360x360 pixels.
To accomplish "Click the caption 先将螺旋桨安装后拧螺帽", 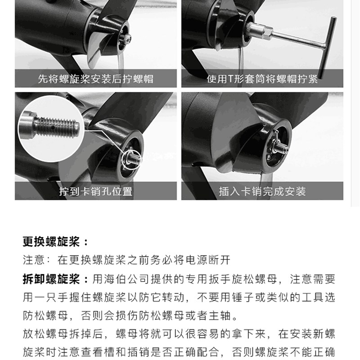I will (95, 79).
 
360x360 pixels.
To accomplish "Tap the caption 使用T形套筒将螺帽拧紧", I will (262, 79).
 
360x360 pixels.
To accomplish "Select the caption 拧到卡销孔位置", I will (95, 191).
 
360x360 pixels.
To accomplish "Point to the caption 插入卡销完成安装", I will (262, 191).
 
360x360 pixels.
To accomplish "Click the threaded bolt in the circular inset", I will (54, 124).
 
